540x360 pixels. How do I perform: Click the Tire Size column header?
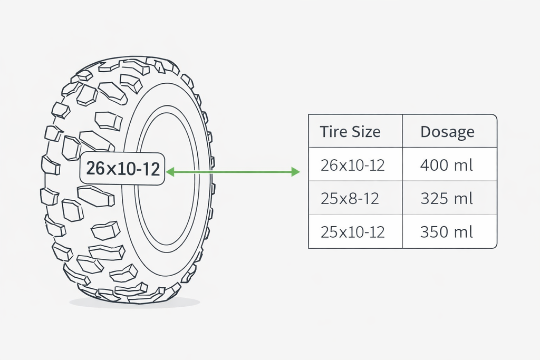350,131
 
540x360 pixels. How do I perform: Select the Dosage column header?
447,132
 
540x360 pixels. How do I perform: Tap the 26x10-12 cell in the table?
352,165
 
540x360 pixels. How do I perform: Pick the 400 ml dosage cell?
446,165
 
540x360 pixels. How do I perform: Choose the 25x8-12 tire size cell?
350,199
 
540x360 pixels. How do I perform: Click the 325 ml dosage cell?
446,199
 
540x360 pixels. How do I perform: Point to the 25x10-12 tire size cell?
352,232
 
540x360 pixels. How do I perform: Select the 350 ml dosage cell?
446,232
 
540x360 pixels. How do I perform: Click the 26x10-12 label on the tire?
122,169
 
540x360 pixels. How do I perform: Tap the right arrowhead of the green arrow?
295,171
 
